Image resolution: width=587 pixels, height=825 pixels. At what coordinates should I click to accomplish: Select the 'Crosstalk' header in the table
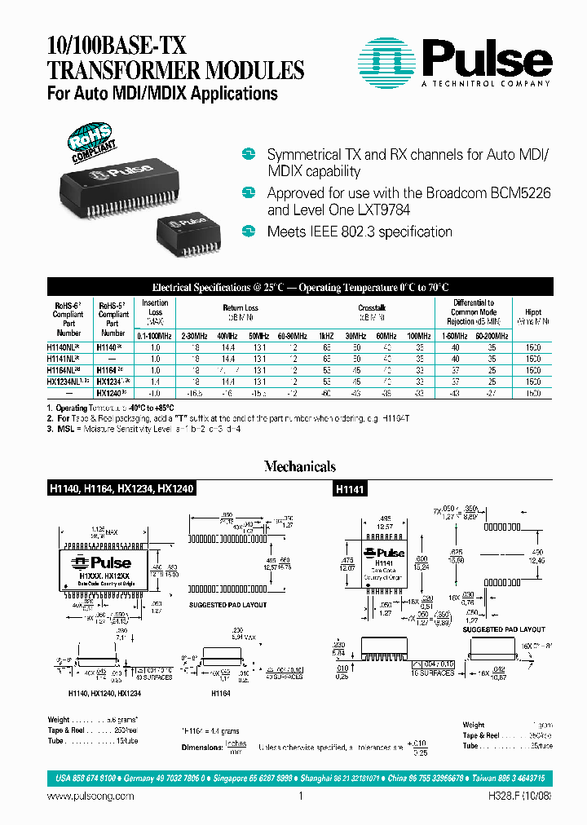pyautogui.click(x=372, y=308)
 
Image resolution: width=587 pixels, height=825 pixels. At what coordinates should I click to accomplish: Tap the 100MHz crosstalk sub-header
pyautogui.click(x=420, y=336)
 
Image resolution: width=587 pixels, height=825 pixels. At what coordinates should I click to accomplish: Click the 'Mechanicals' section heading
pyautogui.click(x=299, y=466)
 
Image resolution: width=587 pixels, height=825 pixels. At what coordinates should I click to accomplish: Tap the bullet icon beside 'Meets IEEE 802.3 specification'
pyautogui.click(x=249, y=232)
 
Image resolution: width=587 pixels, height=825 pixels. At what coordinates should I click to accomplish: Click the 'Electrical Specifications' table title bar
pyautogui.click(x=300, y=287)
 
